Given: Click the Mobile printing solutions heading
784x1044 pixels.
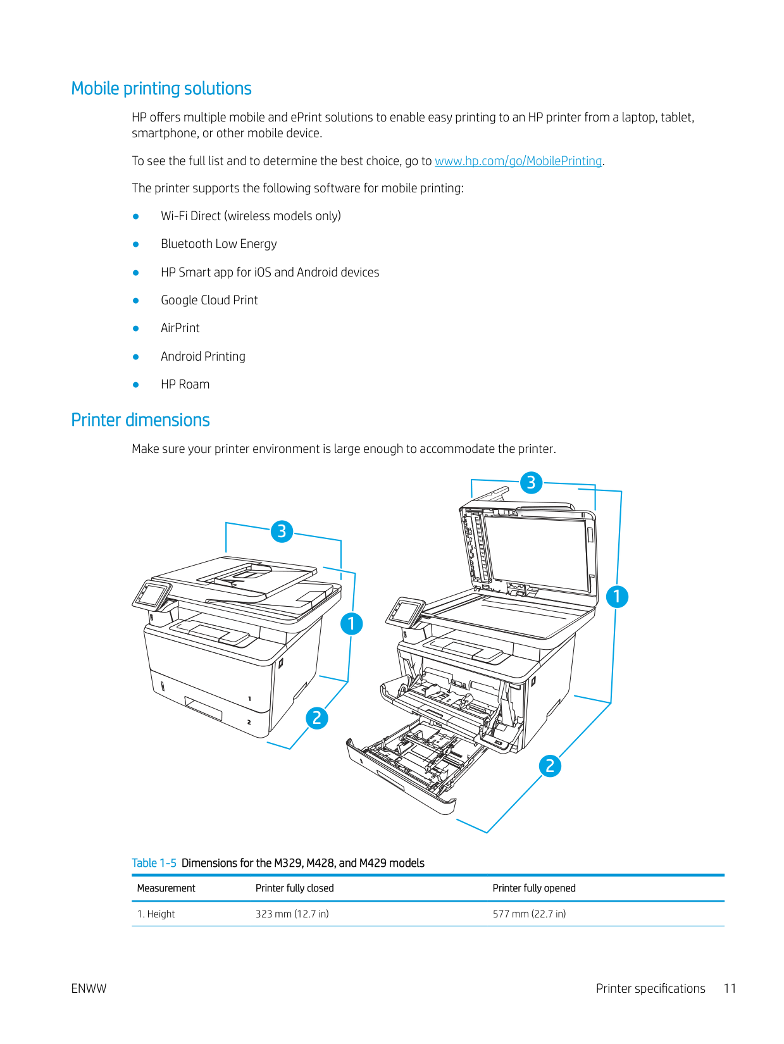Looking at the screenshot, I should [x=161, y=89].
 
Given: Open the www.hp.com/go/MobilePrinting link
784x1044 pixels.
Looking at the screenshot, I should [x=518, y=161].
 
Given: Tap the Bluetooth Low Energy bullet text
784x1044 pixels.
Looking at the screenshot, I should [x=218, y=244].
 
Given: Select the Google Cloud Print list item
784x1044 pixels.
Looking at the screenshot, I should [x=209, y=300].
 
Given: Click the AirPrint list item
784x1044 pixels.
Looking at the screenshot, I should [x=180, y=328].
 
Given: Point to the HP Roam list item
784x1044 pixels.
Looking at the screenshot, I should [x=185, y=384].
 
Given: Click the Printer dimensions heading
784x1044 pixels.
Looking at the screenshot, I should [x=140, y=420].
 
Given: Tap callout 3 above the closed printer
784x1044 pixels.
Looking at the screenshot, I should [x=282, y=531].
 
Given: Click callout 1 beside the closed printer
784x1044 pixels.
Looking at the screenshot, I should [x=351, y=624].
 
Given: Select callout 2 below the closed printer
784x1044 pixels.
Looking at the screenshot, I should [x=317, y=718].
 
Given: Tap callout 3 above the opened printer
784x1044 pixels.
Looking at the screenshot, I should [x=532, y=483].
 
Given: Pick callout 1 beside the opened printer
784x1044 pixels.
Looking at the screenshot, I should [x=617, y=597].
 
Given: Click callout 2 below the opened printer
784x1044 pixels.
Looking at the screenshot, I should [x=550, y=766].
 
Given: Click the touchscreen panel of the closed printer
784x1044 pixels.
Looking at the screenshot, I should [x=152, y=594].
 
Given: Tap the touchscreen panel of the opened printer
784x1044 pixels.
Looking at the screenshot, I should [x=406, y=611].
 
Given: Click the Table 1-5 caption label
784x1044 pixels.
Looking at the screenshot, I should [x=154, y=863].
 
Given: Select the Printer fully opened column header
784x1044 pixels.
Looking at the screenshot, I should [x=534, y=888].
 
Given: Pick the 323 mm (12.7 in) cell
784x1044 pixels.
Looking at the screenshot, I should [x=292, y=914].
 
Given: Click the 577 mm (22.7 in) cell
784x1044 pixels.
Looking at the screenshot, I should [x=529, y=914].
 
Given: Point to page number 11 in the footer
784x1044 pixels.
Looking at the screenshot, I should [x=730, y=988].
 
